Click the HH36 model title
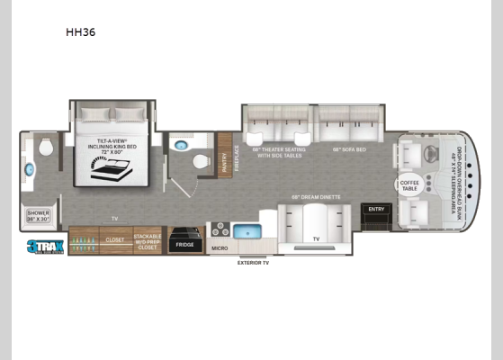[x=80, y=32]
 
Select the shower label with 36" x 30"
[x=38, y=215]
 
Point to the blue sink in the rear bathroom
[x=30, y=169]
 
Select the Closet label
[x=114, y=240]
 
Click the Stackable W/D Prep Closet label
[x=148, y=241]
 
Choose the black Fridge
[x=185, y=242]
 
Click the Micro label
[x=220, y=247]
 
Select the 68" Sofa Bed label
[x=348, y=148]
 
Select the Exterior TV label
[x=253, y=263]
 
